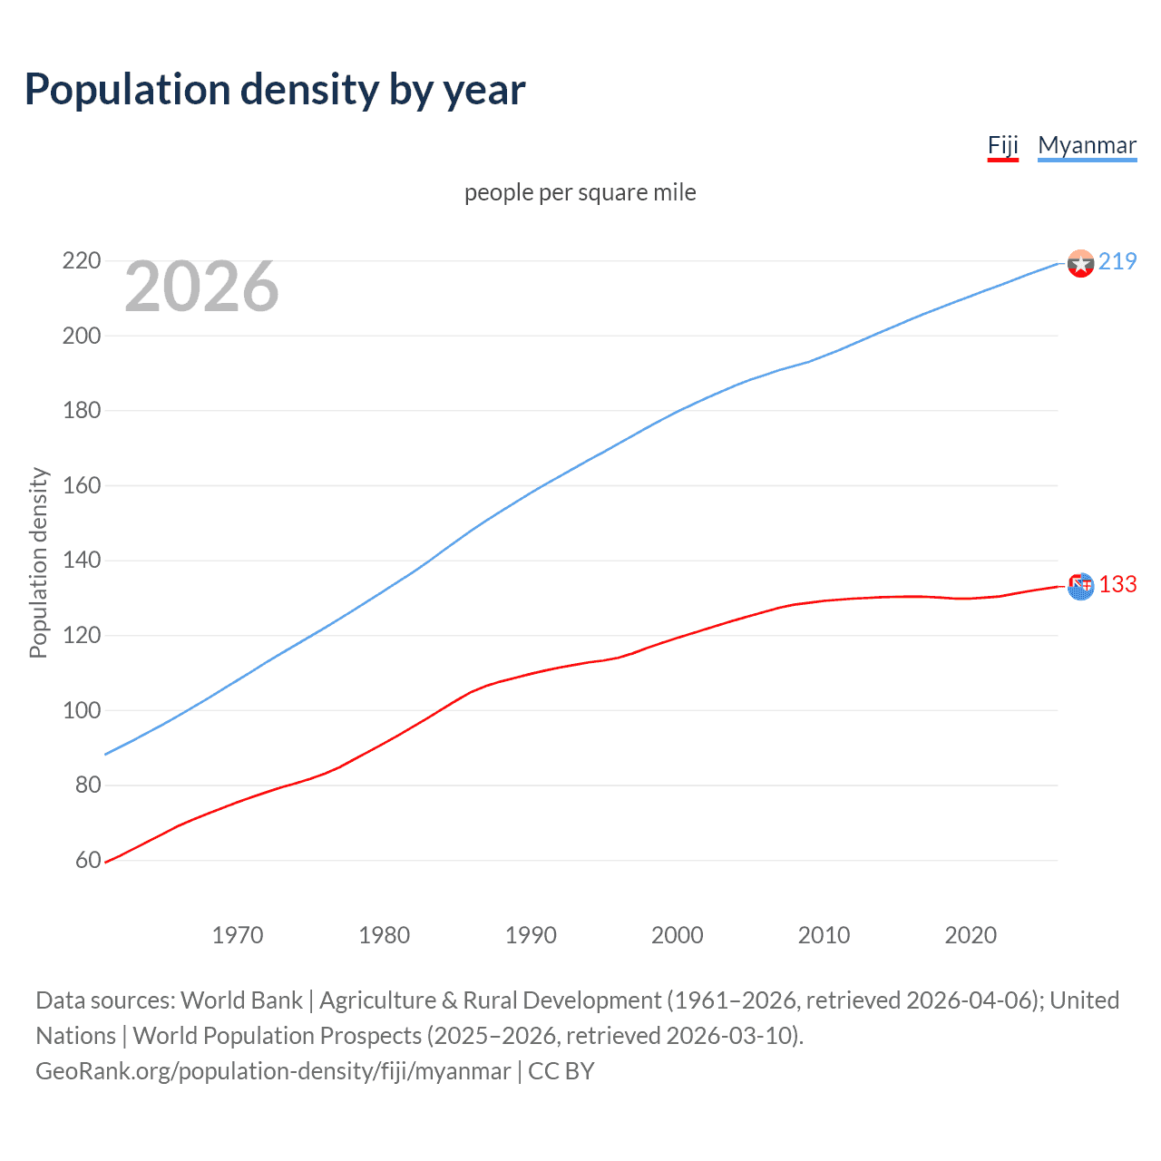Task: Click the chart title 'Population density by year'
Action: pos(275,90)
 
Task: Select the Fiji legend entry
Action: pos(1002,146)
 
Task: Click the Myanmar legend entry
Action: pos(1087,146)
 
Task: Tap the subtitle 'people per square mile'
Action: pos(580,193)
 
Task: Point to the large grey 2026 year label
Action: pos(201,287)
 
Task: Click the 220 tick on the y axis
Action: pos(81,261)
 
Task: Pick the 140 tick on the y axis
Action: pos(81,561)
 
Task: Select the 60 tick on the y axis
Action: pos(87,860)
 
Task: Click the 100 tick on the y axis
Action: pos(81,710)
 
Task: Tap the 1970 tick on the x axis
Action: pos(238,935)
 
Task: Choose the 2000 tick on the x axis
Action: pos(677,935)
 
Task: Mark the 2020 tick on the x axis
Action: pos(971,935)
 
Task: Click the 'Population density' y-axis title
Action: pos(38,562)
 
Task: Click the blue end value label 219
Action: pos(1117,262)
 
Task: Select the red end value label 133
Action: pos(1117,585)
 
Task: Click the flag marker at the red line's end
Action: pos(1081,587)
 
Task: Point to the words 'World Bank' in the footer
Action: pos(241,1000)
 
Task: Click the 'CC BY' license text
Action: pos(561,1071)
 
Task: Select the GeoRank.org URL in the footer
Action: pos(273,1071)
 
